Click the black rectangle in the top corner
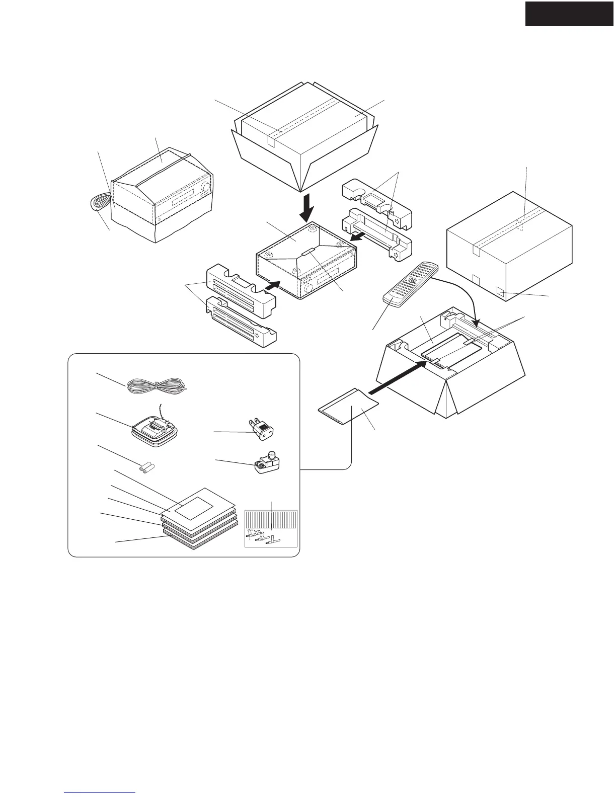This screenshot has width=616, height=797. click(570, 13)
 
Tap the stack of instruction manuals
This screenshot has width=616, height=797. click(199, 521)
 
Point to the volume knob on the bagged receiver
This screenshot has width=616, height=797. click(205, 188)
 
